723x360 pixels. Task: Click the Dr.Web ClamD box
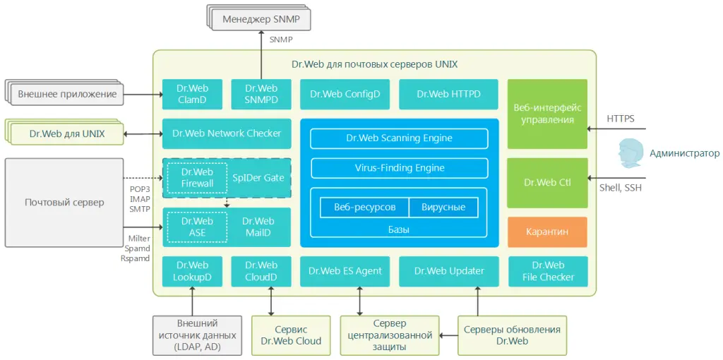192,94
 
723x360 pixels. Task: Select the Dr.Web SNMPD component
261,94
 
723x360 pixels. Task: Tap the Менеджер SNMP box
261,19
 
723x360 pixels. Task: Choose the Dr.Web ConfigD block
345,94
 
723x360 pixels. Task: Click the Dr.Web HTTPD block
448,94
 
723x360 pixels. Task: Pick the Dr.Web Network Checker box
227,133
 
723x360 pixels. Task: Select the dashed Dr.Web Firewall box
198,177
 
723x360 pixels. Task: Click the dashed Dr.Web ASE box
198,227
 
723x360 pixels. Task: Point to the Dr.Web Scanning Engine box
400,138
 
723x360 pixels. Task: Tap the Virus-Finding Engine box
400,168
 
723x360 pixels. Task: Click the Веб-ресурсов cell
365,208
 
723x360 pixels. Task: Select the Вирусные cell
443,208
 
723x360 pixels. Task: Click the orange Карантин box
547,232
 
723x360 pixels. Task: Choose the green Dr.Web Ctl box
547,183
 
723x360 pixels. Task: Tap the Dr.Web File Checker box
548,271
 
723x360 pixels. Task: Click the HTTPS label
620,119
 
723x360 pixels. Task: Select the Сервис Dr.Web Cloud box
291,335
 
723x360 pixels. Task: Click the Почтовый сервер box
64,203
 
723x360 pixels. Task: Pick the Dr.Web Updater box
448,271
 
